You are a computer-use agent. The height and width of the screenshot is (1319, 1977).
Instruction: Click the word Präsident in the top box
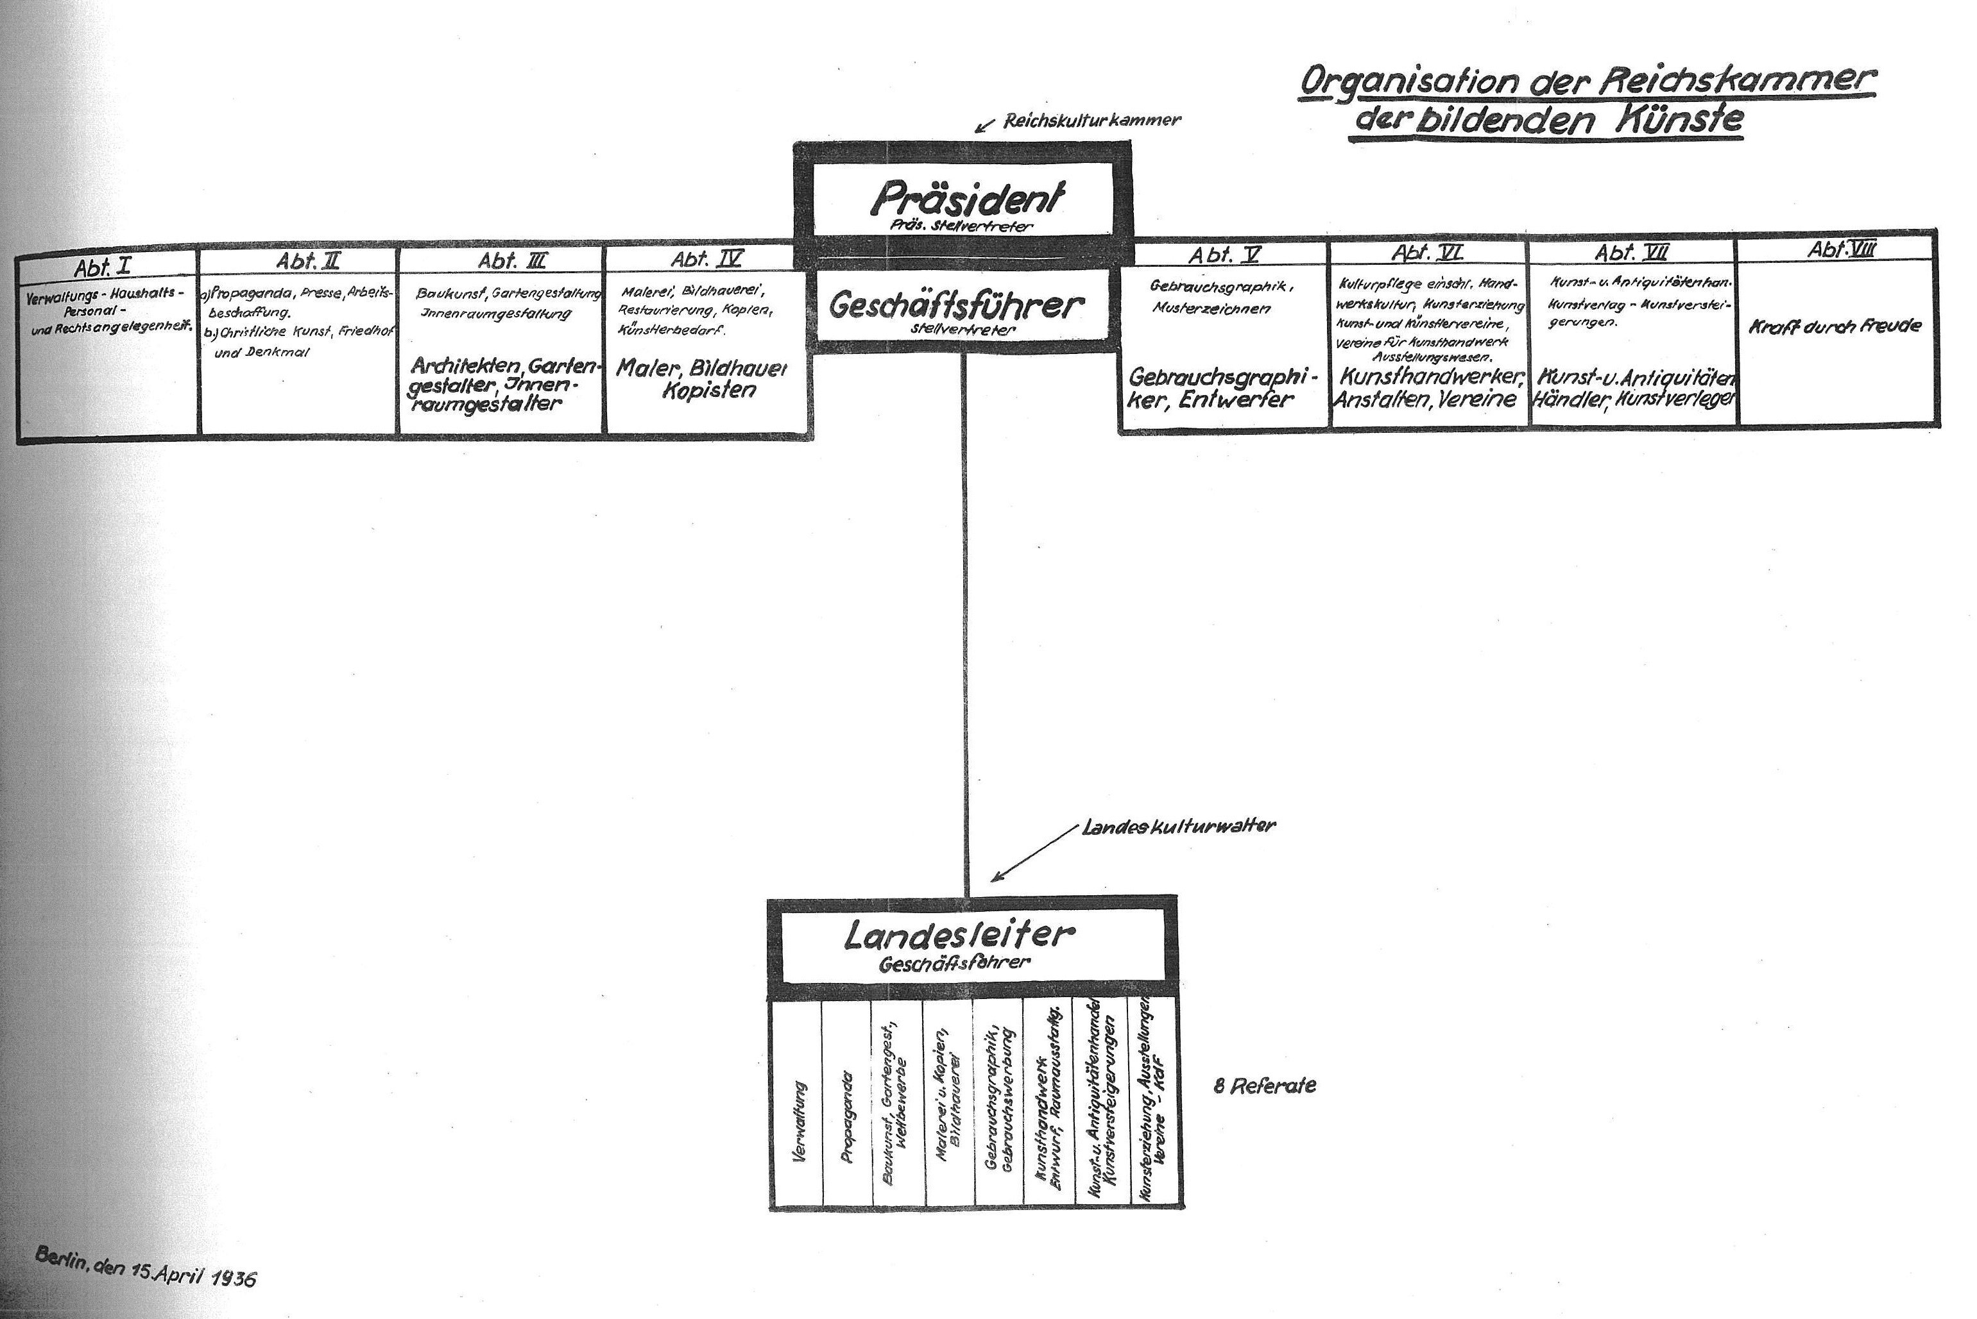pos(966,199)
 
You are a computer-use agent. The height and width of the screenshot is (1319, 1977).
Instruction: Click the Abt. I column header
pos(102,267)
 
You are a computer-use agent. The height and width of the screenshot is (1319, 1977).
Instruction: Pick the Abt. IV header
pos(707,260)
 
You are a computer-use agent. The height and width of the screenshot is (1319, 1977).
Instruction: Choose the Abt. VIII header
pos(1841,249)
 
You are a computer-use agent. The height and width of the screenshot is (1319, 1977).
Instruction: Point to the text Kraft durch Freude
pos(1835,326)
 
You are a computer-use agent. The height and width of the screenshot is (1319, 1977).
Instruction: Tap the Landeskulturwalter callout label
pos(1178,826)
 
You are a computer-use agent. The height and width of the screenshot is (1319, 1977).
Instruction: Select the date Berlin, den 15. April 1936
pos(146,1267)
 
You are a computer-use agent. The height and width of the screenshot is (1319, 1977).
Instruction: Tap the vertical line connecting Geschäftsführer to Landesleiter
pos(964,623)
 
